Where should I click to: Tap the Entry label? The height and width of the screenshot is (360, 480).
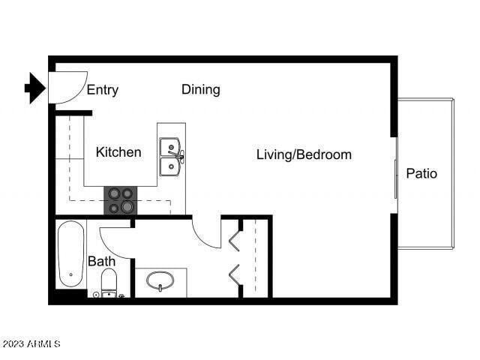pos(103,91)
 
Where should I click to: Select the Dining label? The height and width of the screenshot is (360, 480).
pos(200,90)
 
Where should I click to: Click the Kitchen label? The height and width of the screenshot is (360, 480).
pos(118,152)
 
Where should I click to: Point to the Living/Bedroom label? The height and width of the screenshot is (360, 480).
pos(304,155)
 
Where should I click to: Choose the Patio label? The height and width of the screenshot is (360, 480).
pos(421,173)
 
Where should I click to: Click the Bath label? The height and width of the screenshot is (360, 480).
pos(101,262)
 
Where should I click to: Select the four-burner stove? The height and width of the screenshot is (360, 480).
pos(121,199)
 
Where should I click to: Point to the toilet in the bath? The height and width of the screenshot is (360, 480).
pos(109,283)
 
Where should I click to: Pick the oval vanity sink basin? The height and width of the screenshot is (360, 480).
pos(160,281)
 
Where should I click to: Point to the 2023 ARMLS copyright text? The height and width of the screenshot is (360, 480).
pos(31,344)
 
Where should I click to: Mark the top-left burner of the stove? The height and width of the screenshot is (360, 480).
pos(114,193)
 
